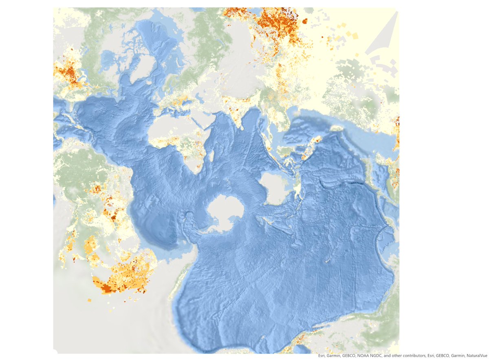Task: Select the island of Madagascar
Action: (x=211, y=154)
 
